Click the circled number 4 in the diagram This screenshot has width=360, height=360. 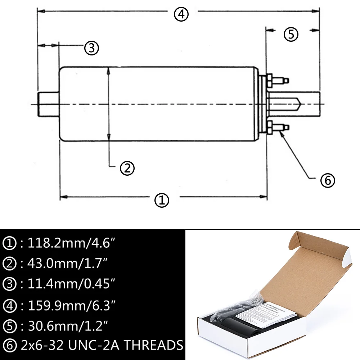(181, 15)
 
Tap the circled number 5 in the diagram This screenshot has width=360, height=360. (291, 35)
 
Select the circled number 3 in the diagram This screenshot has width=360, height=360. (91, 48)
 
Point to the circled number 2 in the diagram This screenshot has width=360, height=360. (127, 168)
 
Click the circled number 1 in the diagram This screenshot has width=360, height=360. (162, 200)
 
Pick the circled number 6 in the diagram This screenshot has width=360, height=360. (328, 181)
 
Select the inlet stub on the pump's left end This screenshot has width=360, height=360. (48, 104)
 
